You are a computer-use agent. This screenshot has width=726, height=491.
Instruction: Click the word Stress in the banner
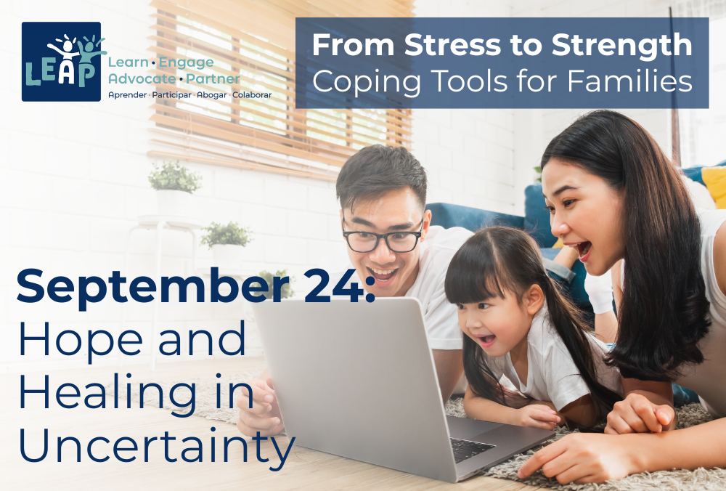coord(452,45)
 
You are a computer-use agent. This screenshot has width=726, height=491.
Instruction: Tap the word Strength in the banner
coord(622,45)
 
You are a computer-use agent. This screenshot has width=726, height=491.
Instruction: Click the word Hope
coord(80,341)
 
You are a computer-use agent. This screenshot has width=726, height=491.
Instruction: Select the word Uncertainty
coord(157,445)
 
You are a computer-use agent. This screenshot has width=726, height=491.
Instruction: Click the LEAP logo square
coord(61,61)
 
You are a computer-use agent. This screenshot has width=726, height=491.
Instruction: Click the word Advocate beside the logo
coord(142,79)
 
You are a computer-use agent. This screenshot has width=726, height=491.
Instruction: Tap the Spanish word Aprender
coord(127,95)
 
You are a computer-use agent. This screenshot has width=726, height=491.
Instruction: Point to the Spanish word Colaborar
coord(252,95)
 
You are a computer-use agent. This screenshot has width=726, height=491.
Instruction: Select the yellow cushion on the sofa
coord(714,184)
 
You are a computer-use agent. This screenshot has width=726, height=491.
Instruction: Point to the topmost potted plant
coord(174,176)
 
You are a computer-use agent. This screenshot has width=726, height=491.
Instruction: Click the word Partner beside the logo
coord(213,79)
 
